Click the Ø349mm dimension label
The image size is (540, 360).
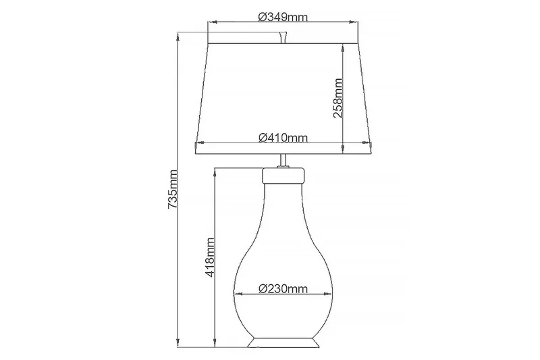coord(283,17)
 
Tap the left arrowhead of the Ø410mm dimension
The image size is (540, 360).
coord(198,143)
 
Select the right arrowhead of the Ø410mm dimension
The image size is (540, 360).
coord(370,143)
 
